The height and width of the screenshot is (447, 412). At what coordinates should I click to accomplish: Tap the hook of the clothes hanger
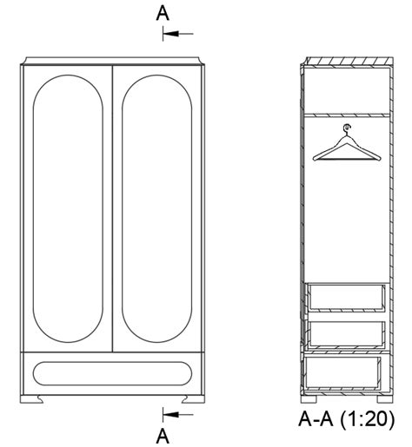346,130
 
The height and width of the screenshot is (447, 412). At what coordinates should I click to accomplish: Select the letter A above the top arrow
162,12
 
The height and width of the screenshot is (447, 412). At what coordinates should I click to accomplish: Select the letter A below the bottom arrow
162,434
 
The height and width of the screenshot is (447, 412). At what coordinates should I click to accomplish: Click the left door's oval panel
68,208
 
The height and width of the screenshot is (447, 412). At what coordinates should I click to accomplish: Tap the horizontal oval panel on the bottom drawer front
112,373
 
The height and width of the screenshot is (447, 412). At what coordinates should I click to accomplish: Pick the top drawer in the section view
345,297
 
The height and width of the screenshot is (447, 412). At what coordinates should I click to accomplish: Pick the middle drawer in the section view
345,332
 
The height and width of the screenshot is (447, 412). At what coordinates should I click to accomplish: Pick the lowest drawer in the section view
345,373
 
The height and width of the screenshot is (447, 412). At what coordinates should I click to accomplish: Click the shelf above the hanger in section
345,113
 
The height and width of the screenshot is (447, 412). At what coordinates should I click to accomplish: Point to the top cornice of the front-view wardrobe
112,61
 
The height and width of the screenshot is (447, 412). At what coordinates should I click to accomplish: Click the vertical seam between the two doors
113,208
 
